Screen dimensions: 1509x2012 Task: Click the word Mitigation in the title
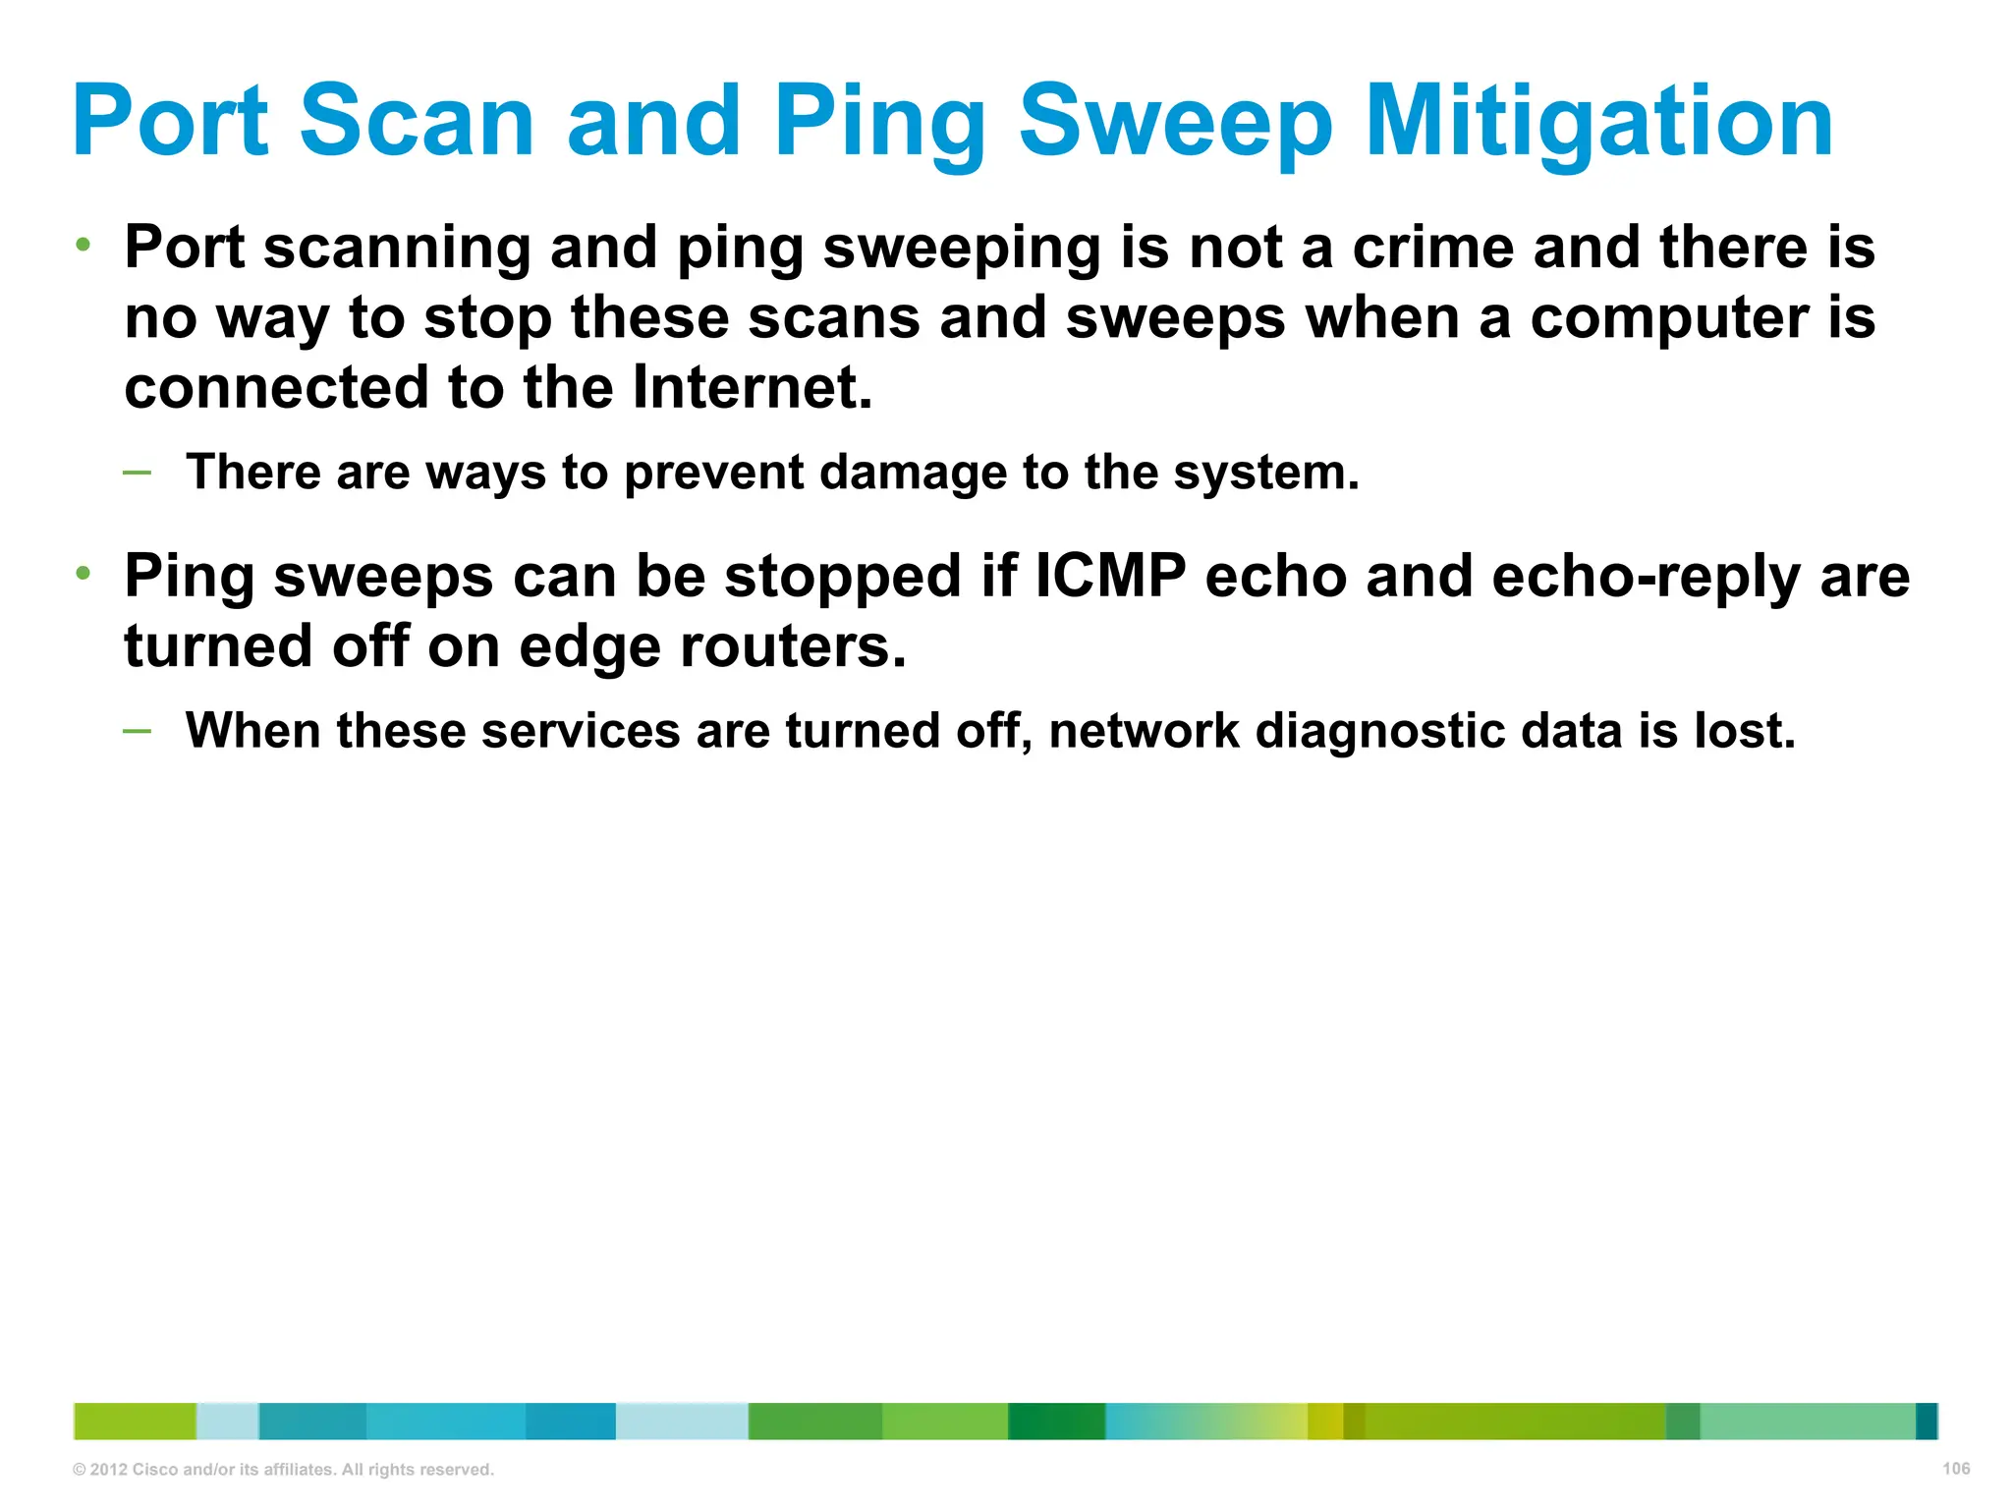1598,121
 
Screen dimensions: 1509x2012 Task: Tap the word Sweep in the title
1176,121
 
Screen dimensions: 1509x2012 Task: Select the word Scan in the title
417,121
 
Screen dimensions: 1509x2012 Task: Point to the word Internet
751,387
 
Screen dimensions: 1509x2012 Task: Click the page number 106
1956,1469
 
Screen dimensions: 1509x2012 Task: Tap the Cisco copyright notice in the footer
283,1470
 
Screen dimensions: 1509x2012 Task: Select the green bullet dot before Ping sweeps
84,573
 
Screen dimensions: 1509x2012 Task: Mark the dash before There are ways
138,473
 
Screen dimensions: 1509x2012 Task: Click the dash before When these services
138,730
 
